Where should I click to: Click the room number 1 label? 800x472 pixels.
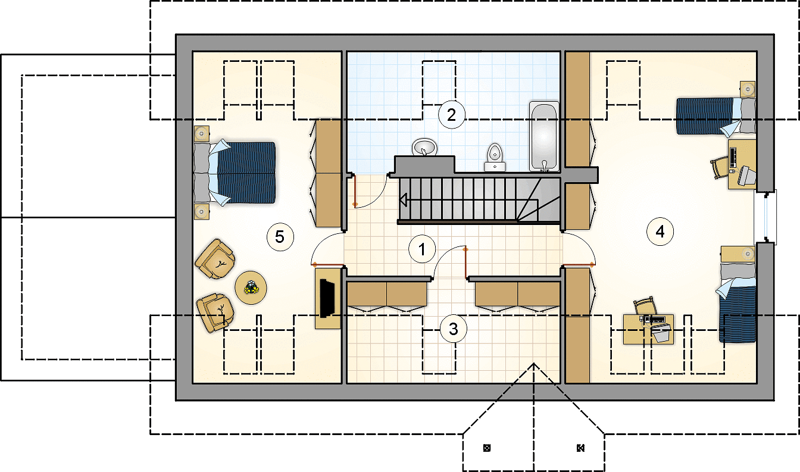tap(422, 249)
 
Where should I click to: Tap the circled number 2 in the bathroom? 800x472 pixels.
tap(451, 115)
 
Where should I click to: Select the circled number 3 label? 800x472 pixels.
tap(453, 329)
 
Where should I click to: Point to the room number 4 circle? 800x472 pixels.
tap(660, 232)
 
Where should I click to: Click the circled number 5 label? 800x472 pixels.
tap(280, 237)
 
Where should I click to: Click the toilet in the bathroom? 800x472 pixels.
tap(495, 158)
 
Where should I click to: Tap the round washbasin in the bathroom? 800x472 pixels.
tap(424, 147)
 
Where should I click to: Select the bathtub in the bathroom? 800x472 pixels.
tap(544, 136)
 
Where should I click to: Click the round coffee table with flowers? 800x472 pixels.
tap(251, 287)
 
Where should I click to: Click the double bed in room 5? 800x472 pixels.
tap(235, 173)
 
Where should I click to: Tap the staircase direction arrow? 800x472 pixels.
tap(404, 200)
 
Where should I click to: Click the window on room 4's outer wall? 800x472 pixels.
tap(765, 216)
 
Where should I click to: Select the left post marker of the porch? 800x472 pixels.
tap(487, 448)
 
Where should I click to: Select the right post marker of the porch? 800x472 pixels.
tap(581, 448)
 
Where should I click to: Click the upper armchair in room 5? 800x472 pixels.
tap(215, 259)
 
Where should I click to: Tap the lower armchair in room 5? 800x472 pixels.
tap(215, 313)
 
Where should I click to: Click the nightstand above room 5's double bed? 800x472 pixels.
tap(202, 134)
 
